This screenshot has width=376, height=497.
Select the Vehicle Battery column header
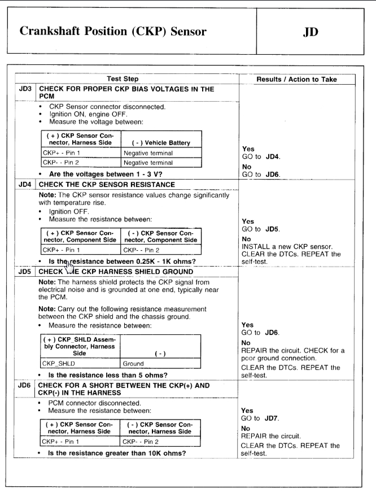(x=152, y=143)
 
